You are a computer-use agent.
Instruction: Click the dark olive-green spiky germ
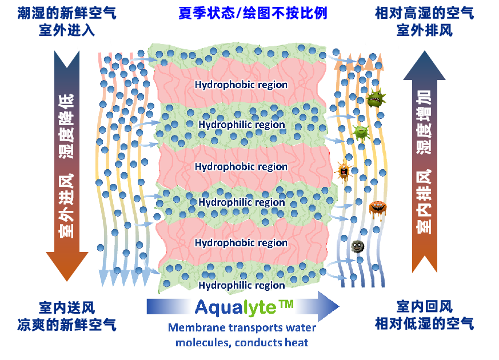[376, 98]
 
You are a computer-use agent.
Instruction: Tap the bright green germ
[361, 133]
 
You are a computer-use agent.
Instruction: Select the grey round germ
[357, 246]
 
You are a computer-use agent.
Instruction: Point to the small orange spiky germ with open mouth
[344, 170]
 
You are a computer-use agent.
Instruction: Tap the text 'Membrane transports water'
[242, 328]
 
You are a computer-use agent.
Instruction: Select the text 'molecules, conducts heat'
[242, 342]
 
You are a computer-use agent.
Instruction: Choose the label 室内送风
[67, 307]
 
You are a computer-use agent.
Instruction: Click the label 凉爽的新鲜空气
[67, 325]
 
